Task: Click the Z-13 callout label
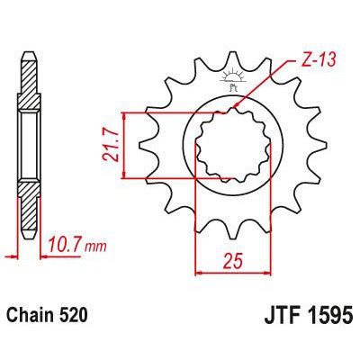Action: pyautogui.click(x=312, y=63)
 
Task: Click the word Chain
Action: pyautogui.click(x=33, y=316)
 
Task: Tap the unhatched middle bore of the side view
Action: pyautogui.click(x=30, y=144)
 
